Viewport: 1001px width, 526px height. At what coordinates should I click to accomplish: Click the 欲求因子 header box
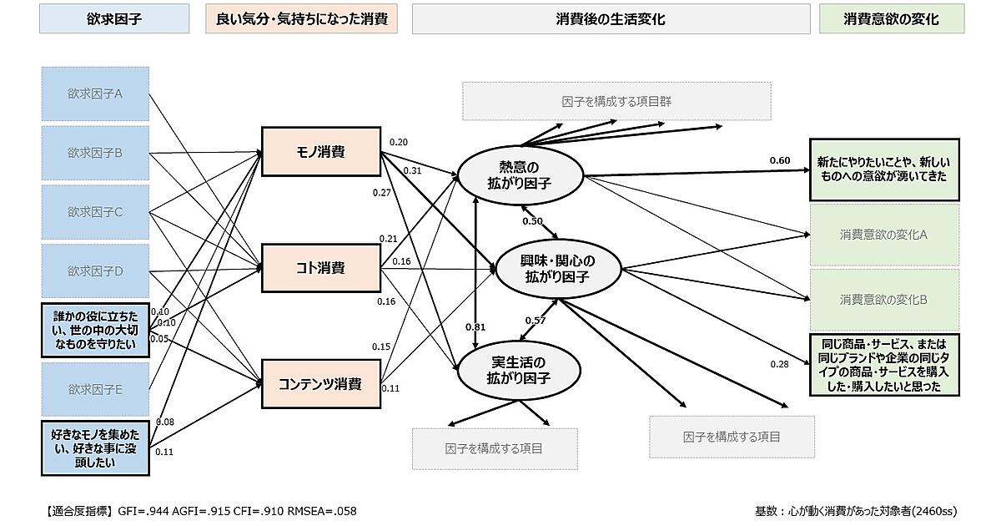(114, 18)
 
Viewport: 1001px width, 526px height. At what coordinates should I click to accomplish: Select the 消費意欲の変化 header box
(891, 18)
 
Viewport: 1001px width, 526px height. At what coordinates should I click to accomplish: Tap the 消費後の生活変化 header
(611, 18)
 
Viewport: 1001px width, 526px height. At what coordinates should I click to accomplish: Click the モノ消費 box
(321, 151)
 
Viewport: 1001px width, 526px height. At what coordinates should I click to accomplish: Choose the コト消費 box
(321, 268)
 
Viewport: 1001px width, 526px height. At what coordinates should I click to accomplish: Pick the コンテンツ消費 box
(321, 384)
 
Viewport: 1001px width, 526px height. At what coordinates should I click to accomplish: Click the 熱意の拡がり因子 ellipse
(519, 175)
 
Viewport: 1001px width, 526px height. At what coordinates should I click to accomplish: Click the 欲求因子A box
(95, 94)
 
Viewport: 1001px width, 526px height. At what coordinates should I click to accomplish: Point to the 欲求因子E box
(95, 389)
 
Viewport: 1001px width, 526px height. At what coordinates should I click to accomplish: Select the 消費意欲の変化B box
(884, 299)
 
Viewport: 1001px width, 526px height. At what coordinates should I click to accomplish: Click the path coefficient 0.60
(779, 160)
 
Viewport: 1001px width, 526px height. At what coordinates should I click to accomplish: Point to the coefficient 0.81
(475, 327)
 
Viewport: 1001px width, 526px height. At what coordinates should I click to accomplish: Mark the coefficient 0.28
(779, 364)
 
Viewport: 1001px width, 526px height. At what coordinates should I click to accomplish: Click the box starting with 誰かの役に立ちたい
(95, 330)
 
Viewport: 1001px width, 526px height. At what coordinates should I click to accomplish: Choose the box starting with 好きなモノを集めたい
(95, 448)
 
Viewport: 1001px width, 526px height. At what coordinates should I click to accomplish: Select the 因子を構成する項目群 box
(616, 101)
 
